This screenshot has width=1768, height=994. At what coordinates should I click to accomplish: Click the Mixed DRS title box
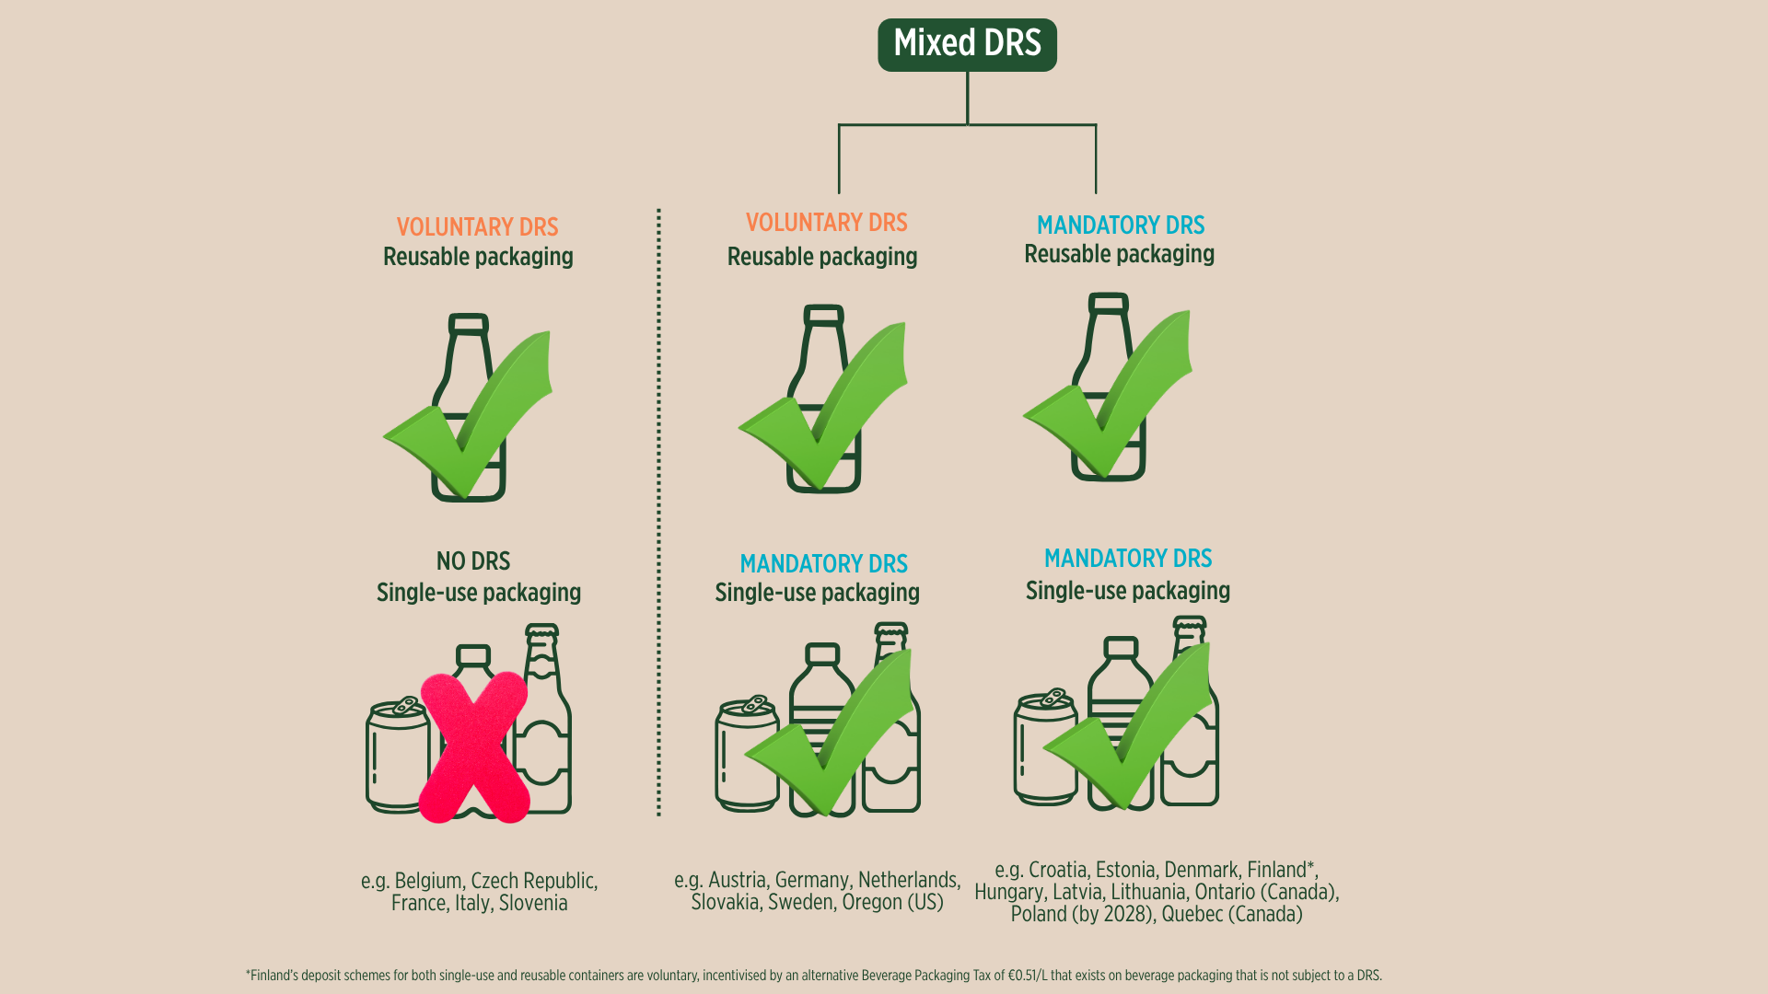click(x=967, y=44)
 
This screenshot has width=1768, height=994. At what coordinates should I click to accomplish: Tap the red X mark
click(x=474, y=747)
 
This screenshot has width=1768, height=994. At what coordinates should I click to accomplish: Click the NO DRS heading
click(x=473, y=561)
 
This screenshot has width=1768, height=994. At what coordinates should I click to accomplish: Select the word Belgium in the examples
click(x=429, y=881)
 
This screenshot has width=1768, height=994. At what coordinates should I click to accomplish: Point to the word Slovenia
click(x=533, y=903)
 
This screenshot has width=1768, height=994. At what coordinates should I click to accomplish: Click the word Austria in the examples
click(x=738, y=880)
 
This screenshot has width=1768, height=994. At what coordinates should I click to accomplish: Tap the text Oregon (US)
click(x=892, y=902)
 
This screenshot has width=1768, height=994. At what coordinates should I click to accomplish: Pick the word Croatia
click(x=1059, y=870)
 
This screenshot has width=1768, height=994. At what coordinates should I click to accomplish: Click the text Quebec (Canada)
click(x=1232, y=914)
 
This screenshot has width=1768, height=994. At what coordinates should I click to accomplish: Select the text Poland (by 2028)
click(x=1083, y=914)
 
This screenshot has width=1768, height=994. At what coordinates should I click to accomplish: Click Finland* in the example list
click(x=1283, y=870)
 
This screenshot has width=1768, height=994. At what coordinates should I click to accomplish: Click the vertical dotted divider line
click(x=658, y=512)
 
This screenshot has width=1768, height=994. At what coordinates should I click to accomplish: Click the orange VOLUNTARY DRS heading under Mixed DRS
click(x=826, y=223)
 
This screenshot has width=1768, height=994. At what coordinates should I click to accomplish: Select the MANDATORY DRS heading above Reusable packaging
click(x=1120, y=225)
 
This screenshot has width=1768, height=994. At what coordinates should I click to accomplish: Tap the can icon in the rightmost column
click(x=1045, y=747)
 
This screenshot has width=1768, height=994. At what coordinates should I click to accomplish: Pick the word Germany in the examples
click(x=813, y=881)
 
